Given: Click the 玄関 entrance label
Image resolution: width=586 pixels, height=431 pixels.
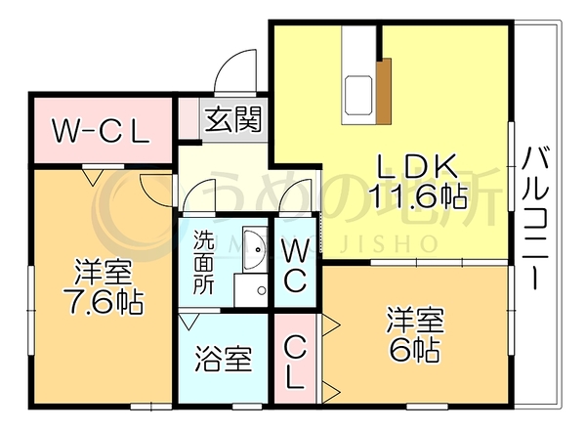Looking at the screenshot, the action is click(x=233, y=119).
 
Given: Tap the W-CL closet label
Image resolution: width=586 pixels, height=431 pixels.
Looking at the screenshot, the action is click(x=101, y=131).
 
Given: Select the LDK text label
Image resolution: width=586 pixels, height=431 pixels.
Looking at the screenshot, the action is click(x=417, y=166).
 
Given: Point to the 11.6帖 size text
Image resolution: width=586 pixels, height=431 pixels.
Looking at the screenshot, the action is click(x=418, y=196).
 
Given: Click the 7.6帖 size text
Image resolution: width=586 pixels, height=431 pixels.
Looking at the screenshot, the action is click(x=104, y=301).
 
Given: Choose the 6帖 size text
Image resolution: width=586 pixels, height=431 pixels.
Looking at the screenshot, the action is click(x=414, y=349).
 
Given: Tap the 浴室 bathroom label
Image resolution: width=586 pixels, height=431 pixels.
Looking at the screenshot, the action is click(x=223, y=359).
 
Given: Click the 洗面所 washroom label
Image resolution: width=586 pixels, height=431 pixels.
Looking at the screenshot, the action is click(x=204, y=263).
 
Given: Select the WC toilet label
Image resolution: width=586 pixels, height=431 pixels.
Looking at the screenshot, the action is click(x=295, y=266).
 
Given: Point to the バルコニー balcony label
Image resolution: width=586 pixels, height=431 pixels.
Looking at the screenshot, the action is click(x=536, y=218).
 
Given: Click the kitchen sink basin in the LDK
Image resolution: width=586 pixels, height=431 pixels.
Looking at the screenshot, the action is click(x=359, y=95).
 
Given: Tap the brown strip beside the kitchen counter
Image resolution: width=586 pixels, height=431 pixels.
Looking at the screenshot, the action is click(x=384, y=91).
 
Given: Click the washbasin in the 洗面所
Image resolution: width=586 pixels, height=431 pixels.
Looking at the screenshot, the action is click(x=254, y=249).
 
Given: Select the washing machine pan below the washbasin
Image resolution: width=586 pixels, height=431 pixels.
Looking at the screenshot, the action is click(x=251, y=290).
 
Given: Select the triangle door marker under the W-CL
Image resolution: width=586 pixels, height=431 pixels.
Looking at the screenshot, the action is click(x=93, y=177).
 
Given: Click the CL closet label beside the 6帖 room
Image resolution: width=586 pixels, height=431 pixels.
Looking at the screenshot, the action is click(x=295, y=362).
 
